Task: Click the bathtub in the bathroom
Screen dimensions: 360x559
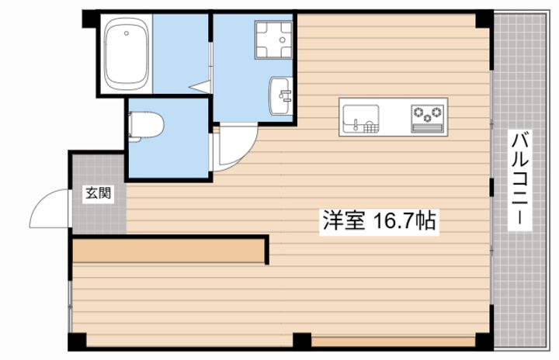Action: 127,54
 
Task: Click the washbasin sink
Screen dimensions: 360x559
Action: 280,95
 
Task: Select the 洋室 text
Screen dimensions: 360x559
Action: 340,221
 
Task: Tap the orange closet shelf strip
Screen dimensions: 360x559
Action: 168,251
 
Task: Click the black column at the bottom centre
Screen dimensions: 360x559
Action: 302,340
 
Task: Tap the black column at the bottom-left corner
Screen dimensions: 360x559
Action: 77,341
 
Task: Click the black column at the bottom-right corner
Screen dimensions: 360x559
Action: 484,341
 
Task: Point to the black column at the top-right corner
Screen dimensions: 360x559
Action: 484,17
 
